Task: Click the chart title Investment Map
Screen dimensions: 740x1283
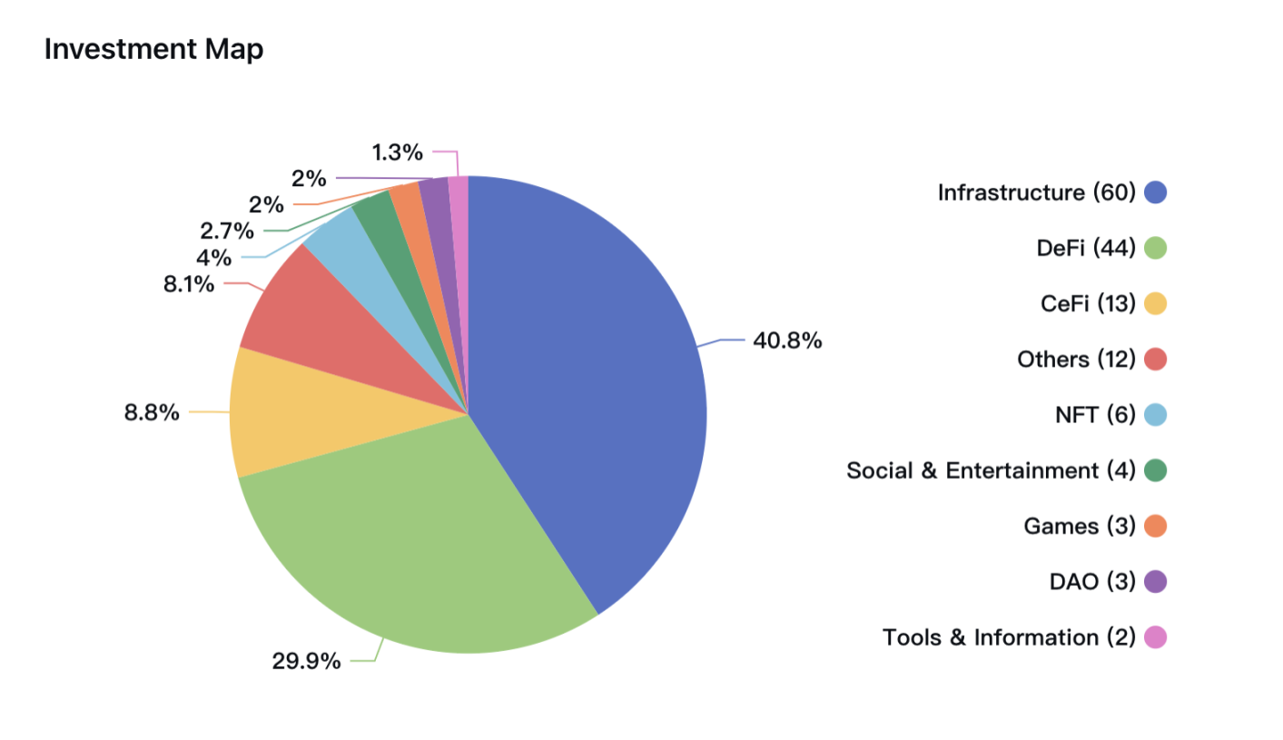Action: tap(153, 50)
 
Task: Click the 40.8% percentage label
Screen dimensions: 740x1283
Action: tap(787, 341)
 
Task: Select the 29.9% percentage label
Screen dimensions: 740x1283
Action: tap(307, 661)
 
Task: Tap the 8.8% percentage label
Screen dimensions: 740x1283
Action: tap(152, 414)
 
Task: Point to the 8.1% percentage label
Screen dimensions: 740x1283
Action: tap(189, 284)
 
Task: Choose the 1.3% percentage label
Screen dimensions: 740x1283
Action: tap(399, 151)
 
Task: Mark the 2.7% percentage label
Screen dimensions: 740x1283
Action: tap(227, 232)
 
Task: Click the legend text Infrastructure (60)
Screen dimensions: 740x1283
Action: tap(1036, 192)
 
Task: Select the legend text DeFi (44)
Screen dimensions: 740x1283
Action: tap(1086, 248)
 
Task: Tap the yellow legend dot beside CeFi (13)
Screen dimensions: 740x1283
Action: tap(1155, 303)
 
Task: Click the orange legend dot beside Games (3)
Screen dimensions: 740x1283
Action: tap(1155, 526)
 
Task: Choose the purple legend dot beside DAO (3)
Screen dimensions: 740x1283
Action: tap(1155, 581)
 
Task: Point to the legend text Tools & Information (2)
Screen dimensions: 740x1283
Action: tap(1009, 637)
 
